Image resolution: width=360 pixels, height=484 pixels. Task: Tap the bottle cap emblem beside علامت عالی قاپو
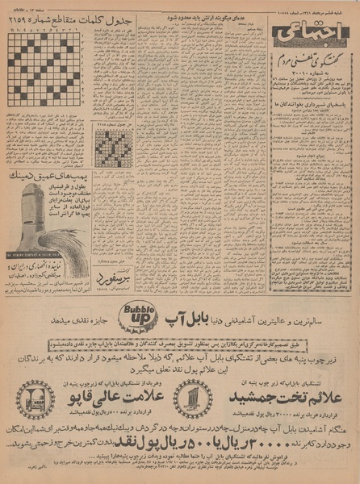35,399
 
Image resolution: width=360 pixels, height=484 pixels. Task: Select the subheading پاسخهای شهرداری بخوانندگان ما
311,126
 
